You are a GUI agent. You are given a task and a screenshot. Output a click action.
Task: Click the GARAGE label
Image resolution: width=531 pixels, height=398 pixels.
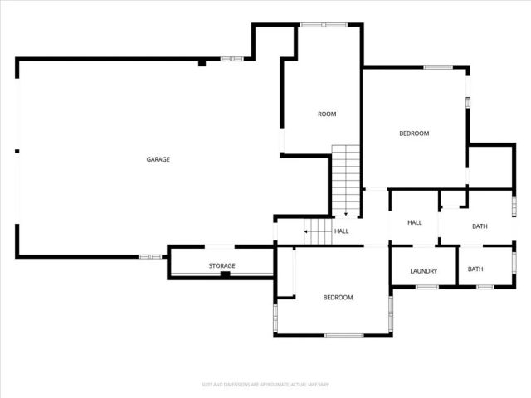coord(158,159)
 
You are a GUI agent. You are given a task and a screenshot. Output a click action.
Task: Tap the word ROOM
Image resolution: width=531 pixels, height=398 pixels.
coord(327,114)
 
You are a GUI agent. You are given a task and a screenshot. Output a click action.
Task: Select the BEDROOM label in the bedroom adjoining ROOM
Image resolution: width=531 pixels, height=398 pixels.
coord(414,133)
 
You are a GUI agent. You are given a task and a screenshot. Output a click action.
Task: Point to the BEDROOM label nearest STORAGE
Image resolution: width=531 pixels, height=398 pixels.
coord(338,298)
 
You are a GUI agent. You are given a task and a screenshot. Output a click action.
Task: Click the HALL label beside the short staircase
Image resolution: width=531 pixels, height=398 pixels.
coord(341,231)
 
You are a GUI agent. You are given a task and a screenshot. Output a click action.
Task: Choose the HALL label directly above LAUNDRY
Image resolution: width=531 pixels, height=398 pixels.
coord(415,222)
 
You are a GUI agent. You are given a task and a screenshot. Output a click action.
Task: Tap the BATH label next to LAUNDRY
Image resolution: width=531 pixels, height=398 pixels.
coord(475,269)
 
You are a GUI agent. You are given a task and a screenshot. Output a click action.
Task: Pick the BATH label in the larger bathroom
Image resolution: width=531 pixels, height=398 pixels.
coord(480,226)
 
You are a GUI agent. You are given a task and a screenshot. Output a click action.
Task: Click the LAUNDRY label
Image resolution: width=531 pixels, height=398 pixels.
coord(424,271)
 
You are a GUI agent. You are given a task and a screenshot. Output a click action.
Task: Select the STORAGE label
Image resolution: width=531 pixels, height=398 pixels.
coord(222,265)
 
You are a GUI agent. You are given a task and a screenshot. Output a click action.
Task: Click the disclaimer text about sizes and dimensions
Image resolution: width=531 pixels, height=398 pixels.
coord(265,385)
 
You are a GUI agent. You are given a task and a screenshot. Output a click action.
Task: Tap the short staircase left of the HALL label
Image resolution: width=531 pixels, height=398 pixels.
coord(317,231)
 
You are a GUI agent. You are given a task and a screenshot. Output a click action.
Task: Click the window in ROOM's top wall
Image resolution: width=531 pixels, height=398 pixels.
coord(312,25)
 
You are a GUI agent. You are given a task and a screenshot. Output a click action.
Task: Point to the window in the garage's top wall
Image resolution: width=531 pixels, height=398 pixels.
coord(232,59)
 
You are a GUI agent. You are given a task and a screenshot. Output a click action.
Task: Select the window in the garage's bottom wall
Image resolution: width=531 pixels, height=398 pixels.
coord(150,256)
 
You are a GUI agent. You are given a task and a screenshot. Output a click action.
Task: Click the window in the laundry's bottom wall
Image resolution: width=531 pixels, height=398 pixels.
coord(426,287)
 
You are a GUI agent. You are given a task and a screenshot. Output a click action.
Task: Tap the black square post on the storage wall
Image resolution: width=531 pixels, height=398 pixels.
coord(224,274)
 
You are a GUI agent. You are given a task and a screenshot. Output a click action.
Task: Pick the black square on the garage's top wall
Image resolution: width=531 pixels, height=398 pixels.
coord(202,62)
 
